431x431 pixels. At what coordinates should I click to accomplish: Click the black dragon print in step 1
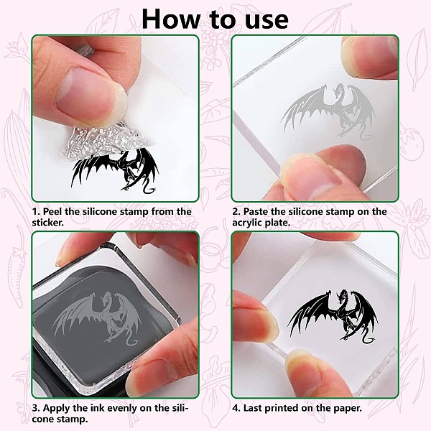(x=115, y=170)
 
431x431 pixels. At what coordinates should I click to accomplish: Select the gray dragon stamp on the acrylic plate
(x=328, y=110)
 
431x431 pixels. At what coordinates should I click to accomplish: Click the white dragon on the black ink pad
(x=98, y=319)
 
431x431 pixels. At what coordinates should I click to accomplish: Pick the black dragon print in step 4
(x=333, y=316)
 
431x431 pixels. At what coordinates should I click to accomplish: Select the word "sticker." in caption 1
(x=48, y=223)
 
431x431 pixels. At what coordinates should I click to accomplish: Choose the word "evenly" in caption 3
(x=121, y=408)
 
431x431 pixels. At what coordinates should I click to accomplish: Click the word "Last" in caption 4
(x=252, y=408)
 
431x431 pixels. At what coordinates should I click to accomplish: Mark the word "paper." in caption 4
(x=348, y=409)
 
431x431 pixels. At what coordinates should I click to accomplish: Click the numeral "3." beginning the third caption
(x=36, y=408)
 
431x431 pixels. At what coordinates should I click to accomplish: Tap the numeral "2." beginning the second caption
(x=236, y=212)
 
